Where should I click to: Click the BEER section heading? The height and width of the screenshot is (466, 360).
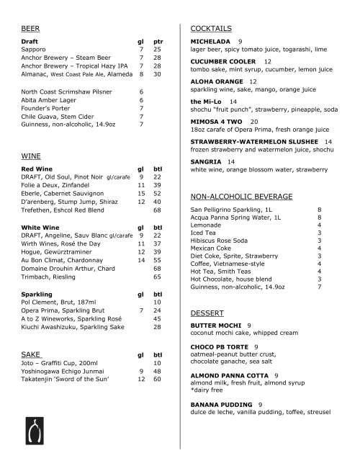[x=30, y=28]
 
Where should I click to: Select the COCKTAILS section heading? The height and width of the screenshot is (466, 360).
[x=211, y=28]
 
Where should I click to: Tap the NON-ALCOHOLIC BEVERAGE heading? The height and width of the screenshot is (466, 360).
[x=241, y=196]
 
